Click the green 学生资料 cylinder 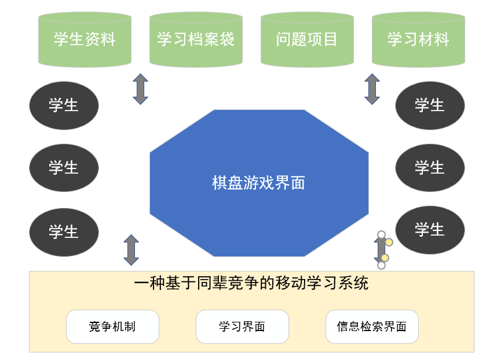85,39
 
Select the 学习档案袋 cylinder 196,39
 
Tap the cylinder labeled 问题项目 307,39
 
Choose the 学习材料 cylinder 418,39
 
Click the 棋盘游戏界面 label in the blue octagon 258,183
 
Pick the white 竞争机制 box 112,326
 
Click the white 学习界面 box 242,326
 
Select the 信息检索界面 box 372,326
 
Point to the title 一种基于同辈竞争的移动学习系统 251,284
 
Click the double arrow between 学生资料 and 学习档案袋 140,89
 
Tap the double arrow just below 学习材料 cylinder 372,89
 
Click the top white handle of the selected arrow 381,234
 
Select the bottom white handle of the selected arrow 381,266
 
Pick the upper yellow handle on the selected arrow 389,242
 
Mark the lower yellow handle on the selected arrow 385,258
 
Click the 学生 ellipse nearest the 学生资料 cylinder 64,105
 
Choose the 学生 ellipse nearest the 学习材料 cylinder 430,105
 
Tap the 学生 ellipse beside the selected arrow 430,230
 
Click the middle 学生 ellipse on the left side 64,168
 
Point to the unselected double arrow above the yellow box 131,250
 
